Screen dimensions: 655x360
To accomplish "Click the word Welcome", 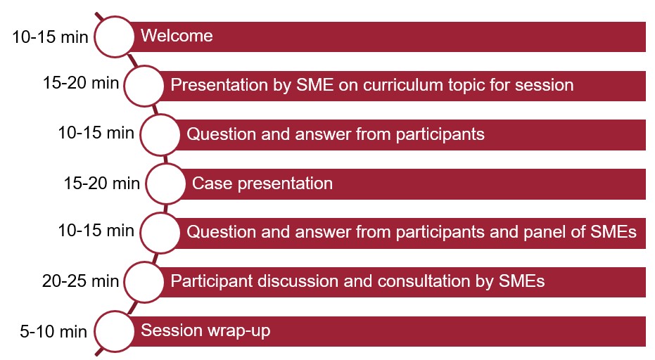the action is pos(177,36).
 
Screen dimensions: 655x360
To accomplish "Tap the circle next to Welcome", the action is pos(114,37).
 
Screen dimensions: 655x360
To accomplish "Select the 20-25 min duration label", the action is pos(81,281).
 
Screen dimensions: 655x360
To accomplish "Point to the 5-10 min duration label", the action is pos(53,332).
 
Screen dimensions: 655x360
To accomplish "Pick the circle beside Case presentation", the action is pos(166,184).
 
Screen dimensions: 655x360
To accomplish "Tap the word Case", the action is pos(212,184).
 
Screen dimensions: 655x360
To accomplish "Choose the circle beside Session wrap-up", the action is pos(114,331).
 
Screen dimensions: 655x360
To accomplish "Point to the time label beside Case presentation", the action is pos(101,184).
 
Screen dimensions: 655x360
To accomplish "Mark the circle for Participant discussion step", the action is pos(144,282).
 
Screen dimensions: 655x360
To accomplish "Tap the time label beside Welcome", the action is pos(50,37).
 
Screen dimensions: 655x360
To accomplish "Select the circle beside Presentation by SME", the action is pos(144,86).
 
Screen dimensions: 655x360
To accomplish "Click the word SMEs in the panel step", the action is pos(613,232).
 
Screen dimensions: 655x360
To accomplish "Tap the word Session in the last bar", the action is pos(172,330).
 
